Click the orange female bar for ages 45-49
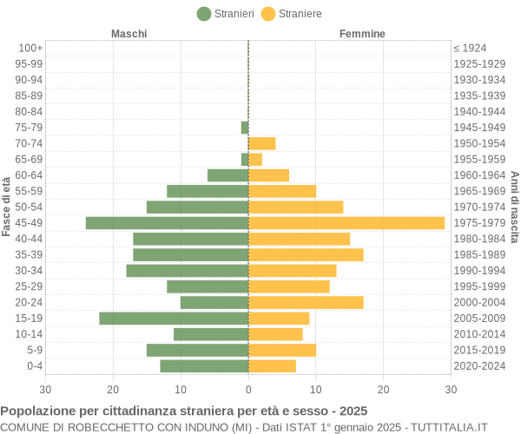[x=346, y=223]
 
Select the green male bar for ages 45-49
[x=167, y=223]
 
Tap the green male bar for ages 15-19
[x=174, y=319]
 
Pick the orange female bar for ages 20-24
[x=306, y=302]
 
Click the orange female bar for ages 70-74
[x=261, y=143]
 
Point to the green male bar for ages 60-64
[x=228, y=175]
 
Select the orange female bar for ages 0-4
[x=272, y=365]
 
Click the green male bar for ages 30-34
[x=187, y=271]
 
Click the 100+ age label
[x=30, y=48]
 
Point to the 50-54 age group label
[x=29, y=207]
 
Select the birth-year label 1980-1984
[x=479, y=239]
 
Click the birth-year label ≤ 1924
[x=470, y=48]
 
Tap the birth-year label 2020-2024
[x=479, y=365]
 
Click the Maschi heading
[x=129, y=34]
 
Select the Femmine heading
[x=362, y=34]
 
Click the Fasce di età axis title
[x=6, y=207]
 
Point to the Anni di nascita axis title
[x=514, y=207]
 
